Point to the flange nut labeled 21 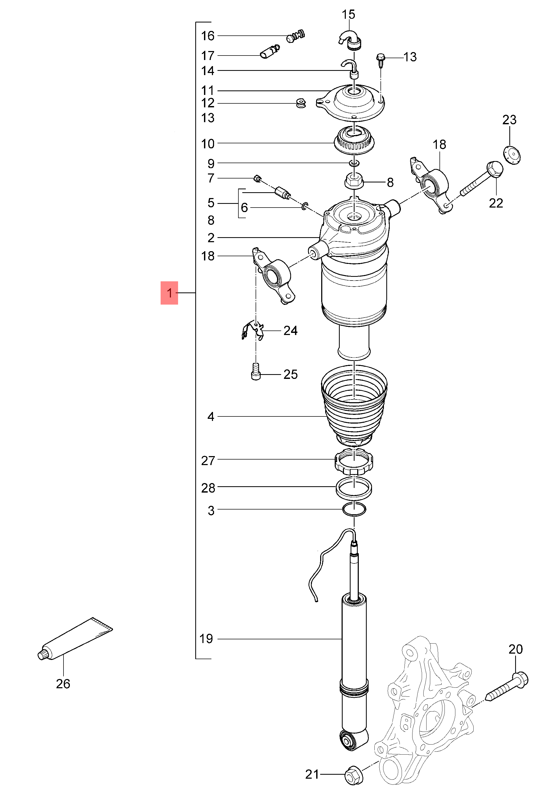pos(354,774)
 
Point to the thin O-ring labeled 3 pos(354,509)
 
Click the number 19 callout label pos(206,638)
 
